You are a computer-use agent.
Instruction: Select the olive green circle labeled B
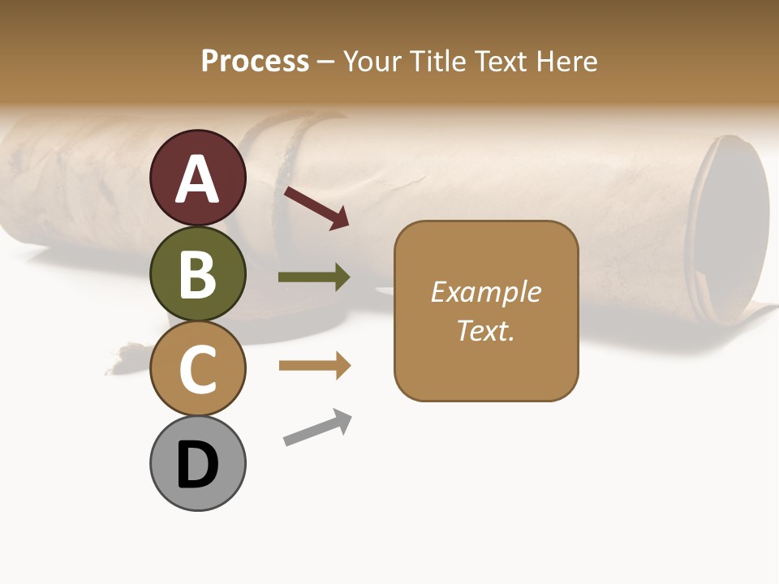point(197,273)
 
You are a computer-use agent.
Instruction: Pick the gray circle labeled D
point(197,463)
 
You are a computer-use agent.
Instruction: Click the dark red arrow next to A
point(316,208)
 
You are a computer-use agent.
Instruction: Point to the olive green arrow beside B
point(314,277)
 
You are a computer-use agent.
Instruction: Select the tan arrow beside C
point(314,366)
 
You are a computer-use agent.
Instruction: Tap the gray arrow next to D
point(317,427)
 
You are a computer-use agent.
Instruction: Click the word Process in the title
point(255,62)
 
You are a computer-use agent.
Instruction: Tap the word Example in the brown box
point(485,292)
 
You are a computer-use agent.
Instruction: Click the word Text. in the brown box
point(485,330)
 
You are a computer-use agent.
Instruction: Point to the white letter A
point(197,178)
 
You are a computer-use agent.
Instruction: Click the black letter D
point(197,466)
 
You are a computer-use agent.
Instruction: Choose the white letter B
point(197,274)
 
